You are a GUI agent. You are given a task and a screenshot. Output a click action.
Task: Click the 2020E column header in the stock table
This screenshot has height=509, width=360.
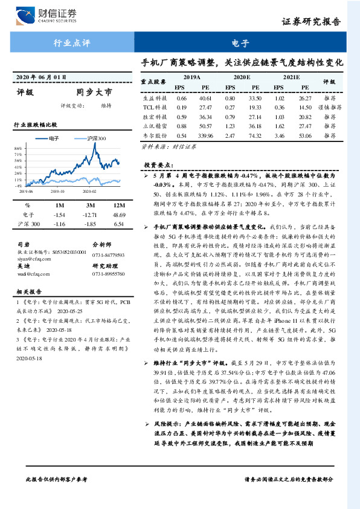point(242,78)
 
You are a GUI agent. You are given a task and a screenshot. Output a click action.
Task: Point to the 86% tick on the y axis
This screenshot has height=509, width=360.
point(18,148)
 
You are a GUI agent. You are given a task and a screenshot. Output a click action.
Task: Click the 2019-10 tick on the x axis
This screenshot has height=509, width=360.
point(58,190)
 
